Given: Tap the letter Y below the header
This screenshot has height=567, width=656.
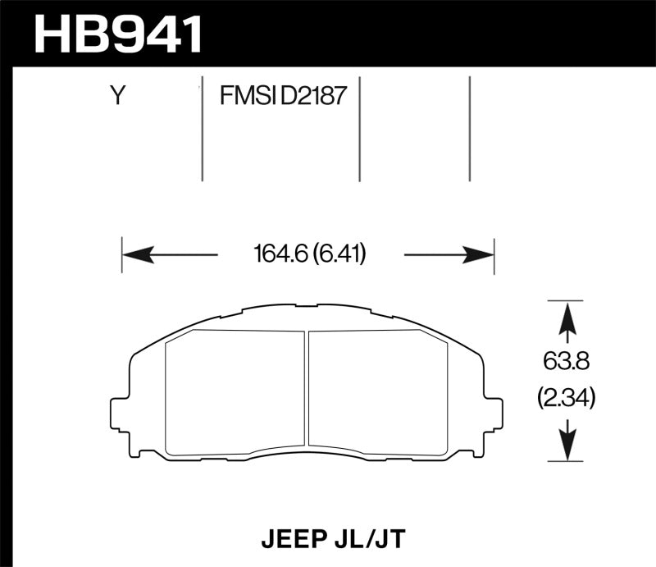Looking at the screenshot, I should pos(118,97).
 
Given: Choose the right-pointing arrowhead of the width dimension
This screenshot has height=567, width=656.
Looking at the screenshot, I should pos(479,254).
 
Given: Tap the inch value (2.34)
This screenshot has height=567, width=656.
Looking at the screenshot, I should pos(565,399).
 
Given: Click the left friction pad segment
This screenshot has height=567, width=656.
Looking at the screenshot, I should pos(235,391).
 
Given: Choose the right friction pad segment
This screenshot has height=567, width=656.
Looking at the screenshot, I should pos(377,391).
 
